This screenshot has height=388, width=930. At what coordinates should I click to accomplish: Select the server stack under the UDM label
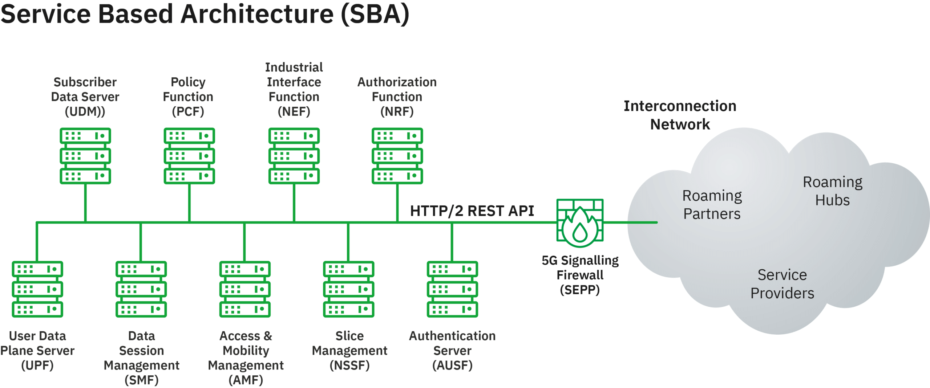pos(85,156)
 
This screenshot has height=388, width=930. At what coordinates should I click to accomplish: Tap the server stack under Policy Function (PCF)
pos(189,156)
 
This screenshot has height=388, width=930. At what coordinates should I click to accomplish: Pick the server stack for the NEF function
pos(294,156)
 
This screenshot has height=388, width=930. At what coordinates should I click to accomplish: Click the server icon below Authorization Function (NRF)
pos(397,156)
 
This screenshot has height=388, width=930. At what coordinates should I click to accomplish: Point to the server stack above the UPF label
pos(37,289)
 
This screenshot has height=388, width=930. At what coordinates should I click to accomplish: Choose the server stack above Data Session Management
pos(141,289)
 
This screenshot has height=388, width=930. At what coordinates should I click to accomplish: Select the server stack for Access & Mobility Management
pos(245,289)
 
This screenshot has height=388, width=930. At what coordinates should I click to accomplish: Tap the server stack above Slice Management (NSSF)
pos(349,289)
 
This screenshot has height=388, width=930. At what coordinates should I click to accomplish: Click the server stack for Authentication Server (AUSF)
pos(452,289)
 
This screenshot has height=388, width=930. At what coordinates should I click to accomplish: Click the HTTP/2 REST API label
pos(472,211)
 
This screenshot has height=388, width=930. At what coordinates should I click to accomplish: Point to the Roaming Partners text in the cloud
pos(712,205)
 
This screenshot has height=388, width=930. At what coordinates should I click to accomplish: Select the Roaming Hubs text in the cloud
pos(832,191)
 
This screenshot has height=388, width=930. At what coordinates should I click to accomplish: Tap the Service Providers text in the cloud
pos(782,284)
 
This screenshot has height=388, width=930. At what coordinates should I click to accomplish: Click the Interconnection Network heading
pos(680,115)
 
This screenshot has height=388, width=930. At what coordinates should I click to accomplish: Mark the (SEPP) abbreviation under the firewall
pos(580,290)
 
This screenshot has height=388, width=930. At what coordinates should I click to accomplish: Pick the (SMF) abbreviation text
pos(141,380)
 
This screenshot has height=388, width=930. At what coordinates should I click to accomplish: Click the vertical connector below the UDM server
pos(85,203)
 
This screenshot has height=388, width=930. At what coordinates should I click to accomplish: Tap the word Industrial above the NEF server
pos(294,67)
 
